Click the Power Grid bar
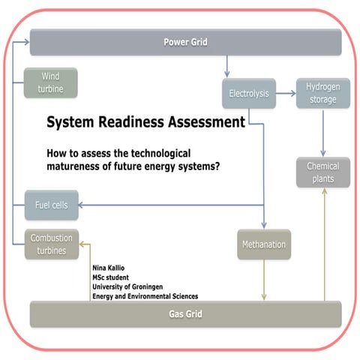(184, 41)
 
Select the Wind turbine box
(51, 82)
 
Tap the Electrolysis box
(248, 94)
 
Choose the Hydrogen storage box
(322, 94)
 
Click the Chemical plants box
(322, 172)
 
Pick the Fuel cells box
(51, 205)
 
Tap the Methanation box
(263, 244)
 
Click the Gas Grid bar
(184, 313)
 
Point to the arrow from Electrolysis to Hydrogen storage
(285, 94)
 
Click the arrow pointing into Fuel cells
(86, 205)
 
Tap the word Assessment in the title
(208, 121)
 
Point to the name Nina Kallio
(108, 267)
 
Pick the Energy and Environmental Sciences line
(145, 296)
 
